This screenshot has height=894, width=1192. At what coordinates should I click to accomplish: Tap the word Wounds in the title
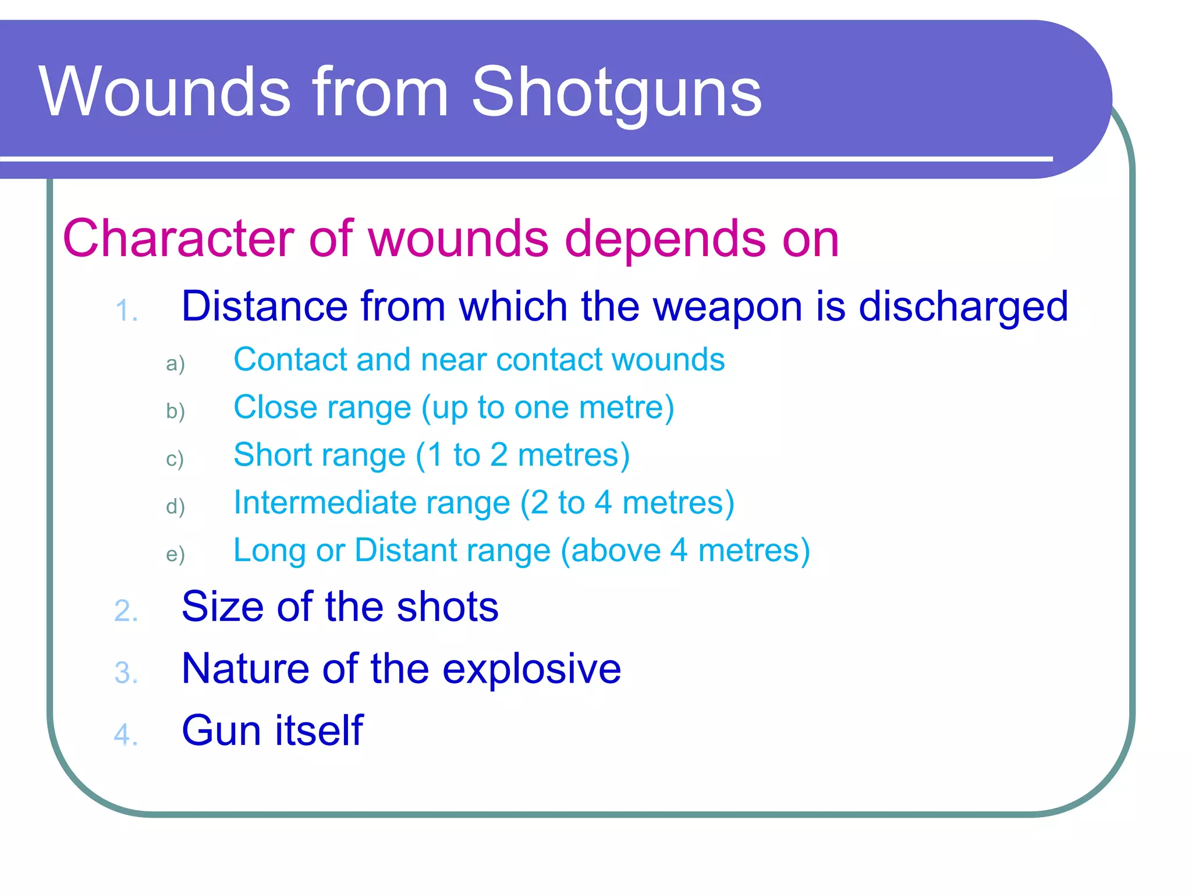tap(165, 92)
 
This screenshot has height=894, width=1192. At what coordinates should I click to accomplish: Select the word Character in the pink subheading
tap(178, 239)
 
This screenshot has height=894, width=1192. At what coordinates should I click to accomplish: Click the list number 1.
tap(126, 311)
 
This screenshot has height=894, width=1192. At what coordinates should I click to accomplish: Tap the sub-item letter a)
tap(175, 364)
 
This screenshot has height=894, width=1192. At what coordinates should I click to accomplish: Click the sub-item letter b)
tap(175, 411)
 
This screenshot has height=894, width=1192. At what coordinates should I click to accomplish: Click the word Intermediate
tap(371, 502)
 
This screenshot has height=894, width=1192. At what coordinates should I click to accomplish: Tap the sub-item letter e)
tap(175, 554)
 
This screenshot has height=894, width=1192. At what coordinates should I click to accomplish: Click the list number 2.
tap(126, 611)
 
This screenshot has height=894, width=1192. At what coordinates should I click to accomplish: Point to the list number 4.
tap(126, 735)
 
